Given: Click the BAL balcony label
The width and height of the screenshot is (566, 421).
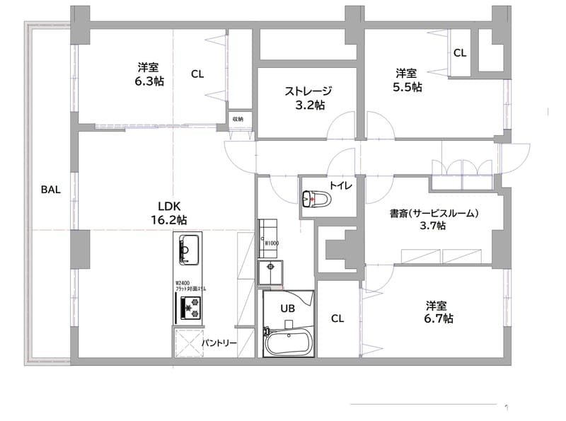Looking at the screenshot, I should click(50, 190).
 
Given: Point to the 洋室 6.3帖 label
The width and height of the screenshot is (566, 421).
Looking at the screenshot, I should click(149, 74).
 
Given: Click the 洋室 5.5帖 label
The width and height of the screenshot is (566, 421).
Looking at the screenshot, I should click(407, 80).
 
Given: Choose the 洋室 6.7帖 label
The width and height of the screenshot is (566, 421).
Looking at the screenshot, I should click(437, 312).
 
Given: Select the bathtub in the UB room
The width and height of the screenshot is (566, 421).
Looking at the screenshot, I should click(287, 343).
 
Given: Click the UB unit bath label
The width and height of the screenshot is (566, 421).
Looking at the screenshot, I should click(287, 308).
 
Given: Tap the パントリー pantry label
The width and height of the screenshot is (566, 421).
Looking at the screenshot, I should click(219, 343).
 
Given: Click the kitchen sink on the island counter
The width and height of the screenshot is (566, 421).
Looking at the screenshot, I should click(187, 249).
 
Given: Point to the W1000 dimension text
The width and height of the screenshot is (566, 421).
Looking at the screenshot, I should click(271, 244).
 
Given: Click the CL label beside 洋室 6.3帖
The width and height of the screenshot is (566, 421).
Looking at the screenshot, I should click(197, 74).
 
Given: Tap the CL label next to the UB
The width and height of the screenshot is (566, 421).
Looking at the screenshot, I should click(337, 318).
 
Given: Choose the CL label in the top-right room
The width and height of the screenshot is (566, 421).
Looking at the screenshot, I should click(460, 52).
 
